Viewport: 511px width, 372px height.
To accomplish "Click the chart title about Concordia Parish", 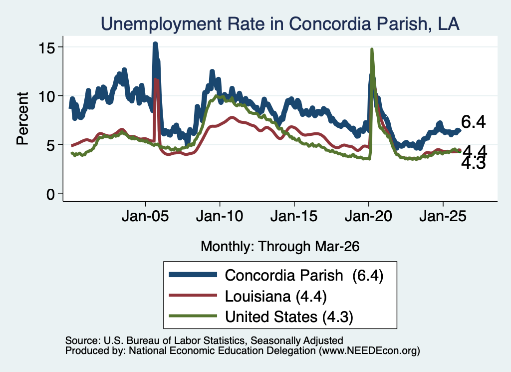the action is click(x=280, y=24).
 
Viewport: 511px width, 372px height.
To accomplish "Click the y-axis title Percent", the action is click(x=22, y=118).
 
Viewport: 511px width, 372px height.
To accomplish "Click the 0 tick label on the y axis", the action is click(x=51, y=194).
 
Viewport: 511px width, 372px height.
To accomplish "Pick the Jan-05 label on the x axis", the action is click(x=145, y=216).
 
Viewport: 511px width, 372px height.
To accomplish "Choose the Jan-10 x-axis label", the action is click(x=220, y=216).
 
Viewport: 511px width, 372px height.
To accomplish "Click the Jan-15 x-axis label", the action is click(x=294, y=216).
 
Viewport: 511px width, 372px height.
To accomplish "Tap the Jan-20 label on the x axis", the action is click(x=368, y=216).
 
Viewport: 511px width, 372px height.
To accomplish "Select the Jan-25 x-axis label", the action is click(x=443, y=216).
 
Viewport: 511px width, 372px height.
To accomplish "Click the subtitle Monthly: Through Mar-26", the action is click(x=280, y=247).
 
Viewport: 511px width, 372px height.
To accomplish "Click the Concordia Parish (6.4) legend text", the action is click(x=304, y=276).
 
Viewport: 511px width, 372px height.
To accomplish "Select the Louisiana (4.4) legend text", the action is click(x=275, y=297).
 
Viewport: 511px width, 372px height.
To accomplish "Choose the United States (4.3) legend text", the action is click(x=289, y=317).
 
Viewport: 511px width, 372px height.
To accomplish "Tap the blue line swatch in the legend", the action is click(x=193, y=275).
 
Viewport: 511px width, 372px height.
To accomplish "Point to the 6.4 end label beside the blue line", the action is click(x=473, y=122).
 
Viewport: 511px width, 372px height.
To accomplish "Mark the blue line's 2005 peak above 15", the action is click(x=155, y=44).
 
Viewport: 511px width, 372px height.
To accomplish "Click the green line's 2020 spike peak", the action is click(x=371, y=49).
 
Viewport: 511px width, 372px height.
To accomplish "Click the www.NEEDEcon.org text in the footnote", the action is click(x=369, y=351).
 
